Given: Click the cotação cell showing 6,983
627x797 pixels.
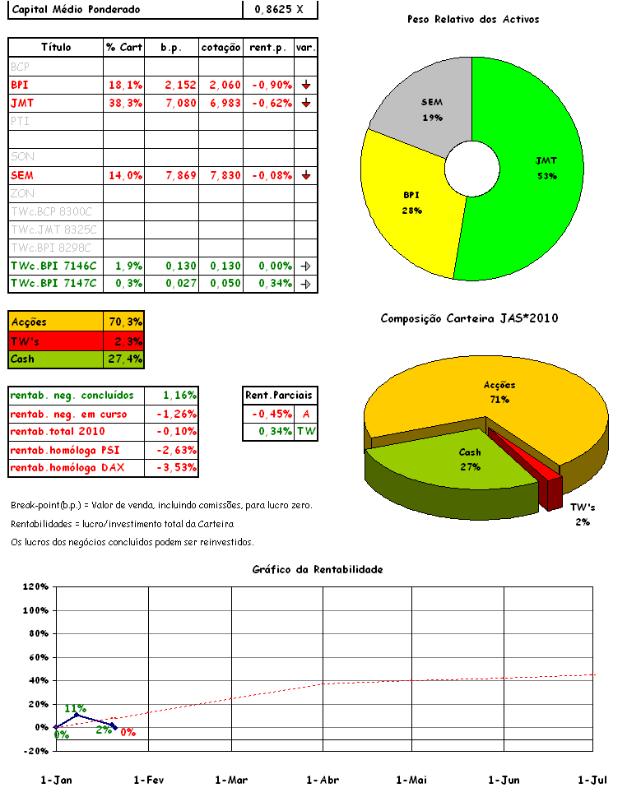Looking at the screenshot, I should tap(221, 103).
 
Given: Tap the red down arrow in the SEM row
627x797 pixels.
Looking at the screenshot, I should tap(305, 175).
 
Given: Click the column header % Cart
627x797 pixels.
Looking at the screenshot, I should tap(124, 48).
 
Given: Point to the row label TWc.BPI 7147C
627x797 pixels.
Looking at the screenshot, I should tap(53, 284).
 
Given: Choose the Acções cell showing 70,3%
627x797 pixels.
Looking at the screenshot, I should tap(125, 322).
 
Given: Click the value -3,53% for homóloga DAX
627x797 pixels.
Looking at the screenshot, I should tap(171, 468).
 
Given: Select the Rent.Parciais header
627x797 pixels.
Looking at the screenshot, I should tap(280, 396).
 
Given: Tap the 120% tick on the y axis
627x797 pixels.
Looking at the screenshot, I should tap(35, 587).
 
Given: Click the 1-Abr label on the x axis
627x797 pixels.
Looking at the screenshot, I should tap(323, 780).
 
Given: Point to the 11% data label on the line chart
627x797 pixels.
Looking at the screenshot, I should tap(76, 708).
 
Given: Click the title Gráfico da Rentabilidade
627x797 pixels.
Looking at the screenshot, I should tap(318, 569).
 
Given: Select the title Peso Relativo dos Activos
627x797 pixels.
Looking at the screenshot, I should tap(473, 19).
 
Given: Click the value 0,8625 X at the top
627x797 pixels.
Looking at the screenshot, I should tap(279, 9).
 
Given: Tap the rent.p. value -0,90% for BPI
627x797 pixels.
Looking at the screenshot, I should tap(268, 85).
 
